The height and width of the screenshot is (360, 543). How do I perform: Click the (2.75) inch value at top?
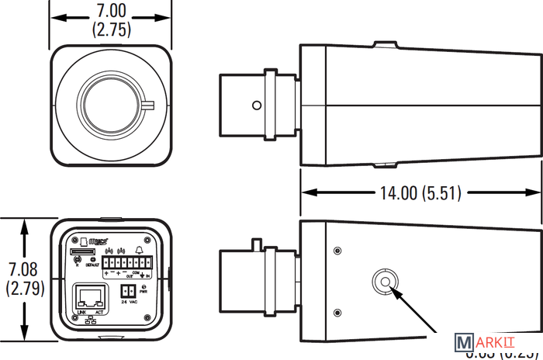[x=110, y=30]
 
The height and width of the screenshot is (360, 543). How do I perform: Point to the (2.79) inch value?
[x=24, y=288]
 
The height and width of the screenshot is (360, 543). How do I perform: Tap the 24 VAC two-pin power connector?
[x=127, y=291]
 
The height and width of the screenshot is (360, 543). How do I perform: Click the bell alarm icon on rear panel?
[x=139, y=250]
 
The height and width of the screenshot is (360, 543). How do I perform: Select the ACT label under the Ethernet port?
[x=98, y=313]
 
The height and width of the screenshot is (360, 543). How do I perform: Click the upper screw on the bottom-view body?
[x=337, y=251]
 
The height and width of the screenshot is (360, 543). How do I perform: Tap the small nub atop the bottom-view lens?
[x=254, y=244]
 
